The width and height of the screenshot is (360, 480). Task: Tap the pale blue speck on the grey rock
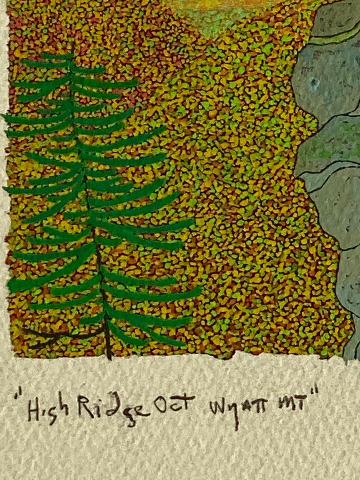click(x=315, y=83)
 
